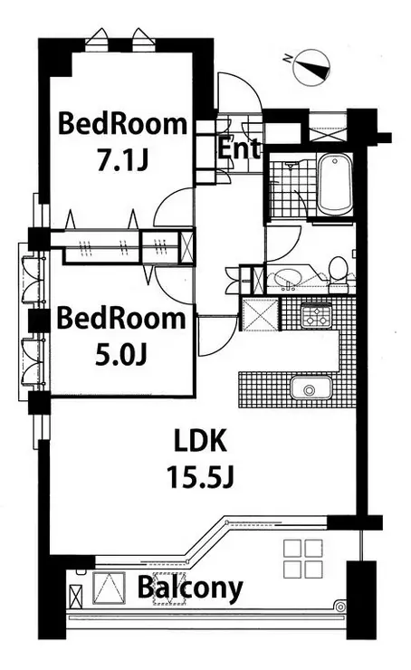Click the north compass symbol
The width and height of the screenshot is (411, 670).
pyautogui.click(x=312, y=66)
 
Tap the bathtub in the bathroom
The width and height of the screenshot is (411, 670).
pyautogui.click(x=335, y=186)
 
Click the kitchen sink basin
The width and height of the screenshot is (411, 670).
pyautogui.click(x=311, y=388)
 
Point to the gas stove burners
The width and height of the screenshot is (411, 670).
pyautogui.click(x=317, y=315)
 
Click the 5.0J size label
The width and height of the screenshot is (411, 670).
pyautogui.click(x=121, y=354)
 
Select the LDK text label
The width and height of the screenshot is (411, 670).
pyautogui.click(x=200, y=442)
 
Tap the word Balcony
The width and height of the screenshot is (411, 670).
pyautogui.click(x=190, y=589)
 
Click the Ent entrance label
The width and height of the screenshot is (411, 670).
pyautogui.click(x=239, y=148)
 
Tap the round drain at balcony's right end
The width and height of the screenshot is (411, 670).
pyautogui.click(x=340, y=607)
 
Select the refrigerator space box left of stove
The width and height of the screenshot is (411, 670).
pyautogui.click(x=260, y=315)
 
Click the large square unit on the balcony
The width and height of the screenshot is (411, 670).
pyautogui.click(x=109, y=589)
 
